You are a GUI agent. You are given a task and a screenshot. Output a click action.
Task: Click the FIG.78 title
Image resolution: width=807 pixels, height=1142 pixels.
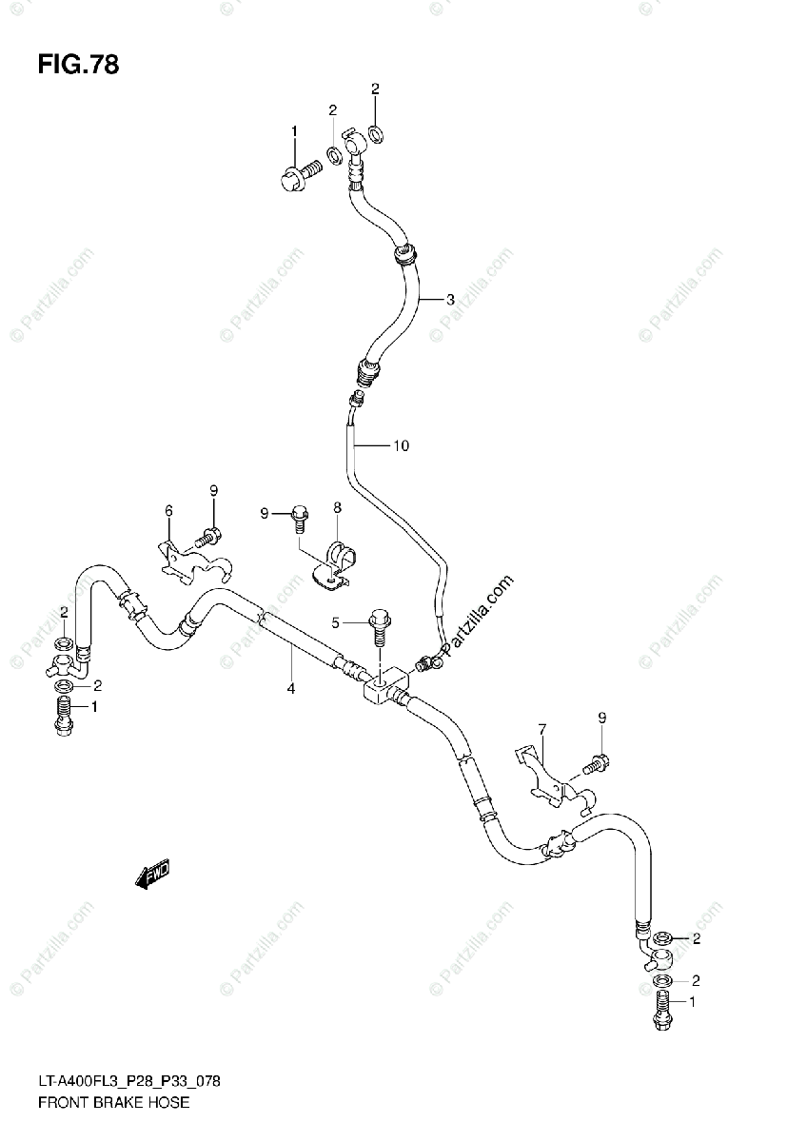click(79, 66)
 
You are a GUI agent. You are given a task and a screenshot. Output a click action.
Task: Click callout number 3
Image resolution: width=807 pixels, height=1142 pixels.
click(450, 299)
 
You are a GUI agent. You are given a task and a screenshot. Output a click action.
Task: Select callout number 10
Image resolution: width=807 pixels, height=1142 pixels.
click(401, 445)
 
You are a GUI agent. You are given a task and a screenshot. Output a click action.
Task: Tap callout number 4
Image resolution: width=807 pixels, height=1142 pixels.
click(291, 688)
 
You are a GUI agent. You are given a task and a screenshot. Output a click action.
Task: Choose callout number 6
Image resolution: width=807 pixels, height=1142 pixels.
click(169, 511)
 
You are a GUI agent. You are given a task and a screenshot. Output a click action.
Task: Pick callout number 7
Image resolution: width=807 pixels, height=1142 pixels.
click(541, 730)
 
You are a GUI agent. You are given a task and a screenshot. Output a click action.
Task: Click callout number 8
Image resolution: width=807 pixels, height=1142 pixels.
click(337, 510)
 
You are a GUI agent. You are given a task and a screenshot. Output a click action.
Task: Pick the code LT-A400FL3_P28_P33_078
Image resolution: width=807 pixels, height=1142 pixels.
click(132, 1083)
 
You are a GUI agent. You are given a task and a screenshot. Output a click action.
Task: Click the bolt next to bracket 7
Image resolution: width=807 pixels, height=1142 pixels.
click(596, 761)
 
